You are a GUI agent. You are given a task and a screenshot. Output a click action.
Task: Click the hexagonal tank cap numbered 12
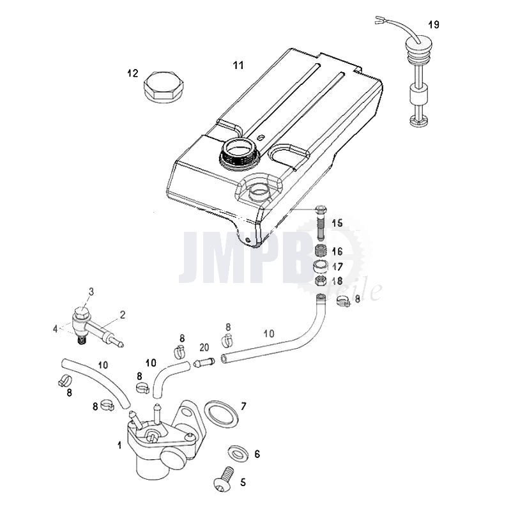160,88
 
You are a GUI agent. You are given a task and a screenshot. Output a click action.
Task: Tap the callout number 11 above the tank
238,65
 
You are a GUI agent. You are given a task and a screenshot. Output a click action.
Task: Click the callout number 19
434,24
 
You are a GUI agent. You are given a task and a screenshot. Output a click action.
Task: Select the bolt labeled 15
321,222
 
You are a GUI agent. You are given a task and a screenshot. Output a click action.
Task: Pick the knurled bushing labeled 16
321,251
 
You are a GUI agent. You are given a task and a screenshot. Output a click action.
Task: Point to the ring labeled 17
321,266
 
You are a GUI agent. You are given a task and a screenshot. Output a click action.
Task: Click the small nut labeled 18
321,280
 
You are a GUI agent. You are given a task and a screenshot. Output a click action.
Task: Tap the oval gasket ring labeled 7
222,413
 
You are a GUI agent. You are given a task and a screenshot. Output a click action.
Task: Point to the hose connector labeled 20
204,362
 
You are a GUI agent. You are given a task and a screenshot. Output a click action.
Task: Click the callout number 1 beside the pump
119,445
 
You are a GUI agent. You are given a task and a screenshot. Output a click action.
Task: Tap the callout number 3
91,291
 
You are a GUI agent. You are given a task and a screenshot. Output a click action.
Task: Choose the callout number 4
56,329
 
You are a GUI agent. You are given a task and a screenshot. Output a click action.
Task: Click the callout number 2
123,315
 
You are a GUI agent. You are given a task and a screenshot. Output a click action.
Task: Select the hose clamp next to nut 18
343,301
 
